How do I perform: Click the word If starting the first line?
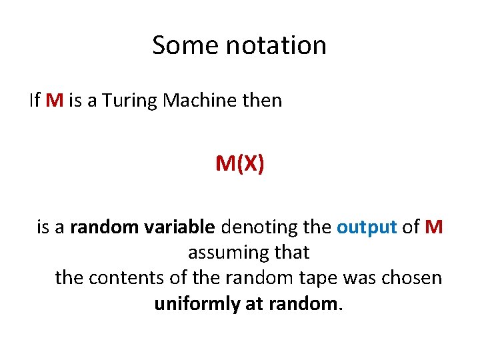(x=35, y=101)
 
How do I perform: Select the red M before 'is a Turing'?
(x=55, y=101)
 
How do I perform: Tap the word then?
(x=262, y=101)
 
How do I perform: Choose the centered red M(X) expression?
(x=239, y=163)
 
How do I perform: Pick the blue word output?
(x=367, y=227)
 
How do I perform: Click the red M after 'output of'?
(x=434, y=227)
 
